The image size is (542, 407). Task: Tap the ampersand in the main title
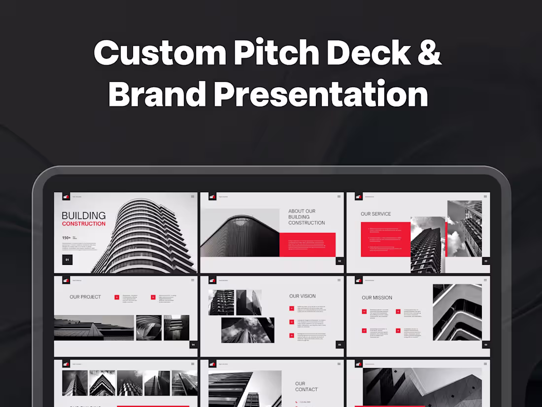(x=427, y=52)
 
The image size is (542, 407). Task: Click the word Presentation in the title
(x=321, y=94)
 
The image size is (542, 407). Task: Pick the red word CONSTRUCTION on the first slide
(x=84, y=224)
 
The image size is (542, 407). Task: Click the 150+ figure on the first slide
(x=66, y=238)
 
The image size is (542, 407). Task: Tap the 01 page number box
(x=67, y=260)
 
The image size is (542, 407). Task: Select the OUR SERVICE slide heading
(x=375, y=214)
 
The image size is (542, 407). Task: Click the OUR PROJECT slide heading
(x=85, y=297)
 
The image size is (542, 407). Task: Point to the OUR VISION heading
(x=303, y=296)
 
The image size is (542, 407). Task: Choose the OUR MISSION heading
(x=377, y=297)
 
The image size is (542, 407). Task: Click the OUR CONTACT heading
(x=306, y=386)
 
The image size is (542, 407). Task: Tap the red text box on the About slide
(x=307, y=245)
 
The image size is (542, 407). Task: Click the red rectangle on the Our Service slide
(x=385, y=239)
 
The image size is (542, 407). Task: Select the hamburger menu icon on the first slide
(x=193, y=196)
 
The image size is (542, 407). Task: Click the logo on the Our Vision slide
(x=212, y=280)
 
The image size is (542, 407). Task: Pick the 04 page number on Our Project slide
(x=193, y=345)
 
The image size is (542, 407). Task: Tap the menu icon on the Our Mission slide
(x=485, y=280)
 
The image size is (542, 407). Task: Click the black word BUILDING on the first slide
(x=84, y=216)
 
